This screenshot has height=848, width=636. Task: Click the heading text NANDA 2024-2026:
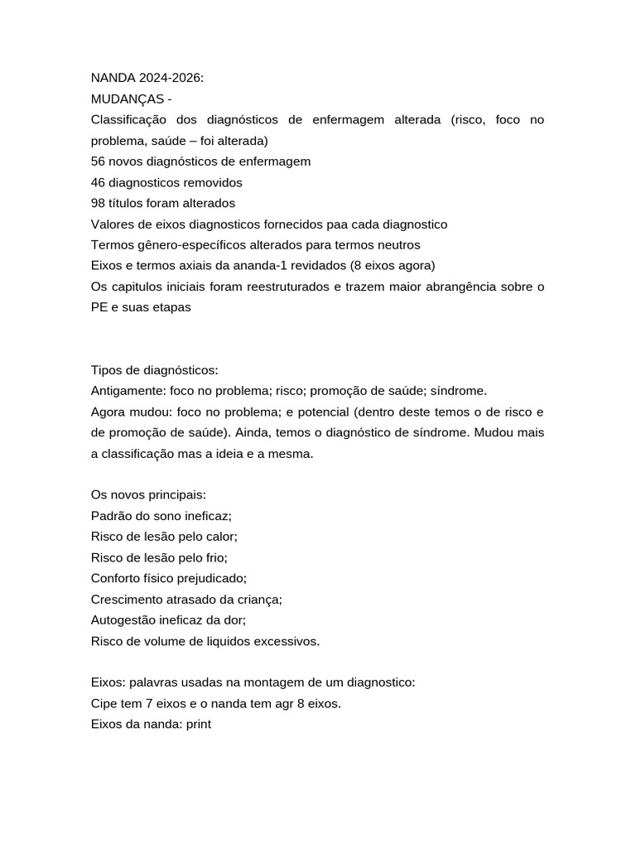click(x=147, y=79)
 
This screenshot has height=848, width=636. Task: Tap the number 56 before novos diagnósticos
click(x=99, y=161)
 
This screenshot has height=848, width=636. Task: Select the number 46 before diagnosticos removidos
click(x=99, y=182)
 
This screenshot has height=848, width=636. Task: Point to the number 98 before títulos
click(x=99, y=203)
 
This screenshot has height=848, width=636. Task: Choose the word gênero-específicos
click(x=191, y=245)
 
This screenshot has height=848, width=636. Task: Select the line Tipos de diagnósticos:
click(x=154, y=370)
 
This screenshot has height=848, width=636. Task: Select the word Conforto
click(x=116, y=579)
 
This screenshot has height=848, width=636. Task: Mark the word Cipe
click(x=104, y=704)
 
